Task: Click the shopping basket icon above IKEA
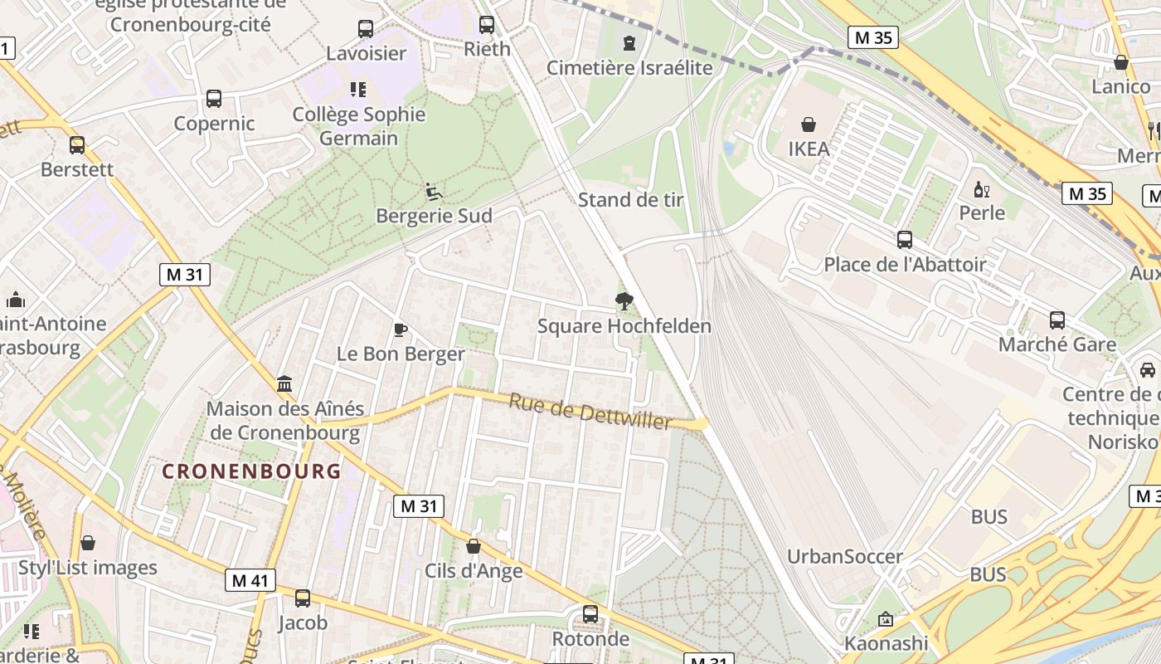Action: point(808,125)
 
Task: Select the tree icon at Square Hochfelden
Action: point(624,301)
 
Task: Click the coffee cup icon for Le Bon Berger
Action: point(401,330)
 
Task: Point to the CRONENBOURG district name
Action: point(251,471)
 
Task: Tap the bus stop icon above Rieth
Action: point(487,25)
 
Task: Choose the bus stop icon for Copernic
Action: point(214,99)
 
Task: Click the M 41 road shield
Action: point(250,580)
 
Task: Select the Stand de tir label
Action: point(630,200)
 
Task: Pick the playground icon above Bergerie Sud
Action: point(434,192)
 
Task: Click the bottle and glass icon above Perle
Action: point(982,189)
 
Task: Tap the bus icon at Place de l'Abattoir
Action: point(905,240)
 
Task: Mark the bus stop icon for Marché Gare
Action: point(1057,320)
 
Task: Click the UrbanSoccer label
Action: point(844,556)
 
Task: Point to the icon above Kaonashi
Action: point(886,619)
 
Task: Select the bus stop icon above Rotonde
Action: point(590,614)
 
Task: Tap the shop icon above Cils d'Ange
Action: point(474,546)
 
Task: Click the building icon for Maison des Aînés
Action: point(285,383)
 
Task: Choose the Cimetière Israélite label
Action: point(629,68)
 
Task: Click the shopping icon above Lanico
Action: point(1121,62)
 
